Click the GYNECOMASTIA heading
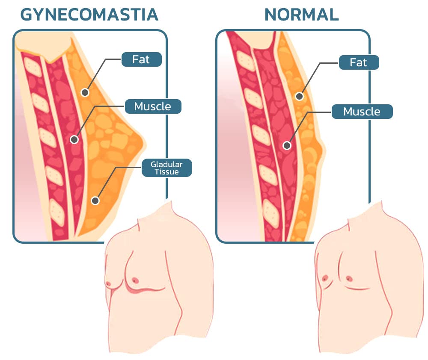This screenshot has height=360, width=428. [89, 15]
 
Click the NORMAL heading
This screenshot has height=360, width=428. [302, 15]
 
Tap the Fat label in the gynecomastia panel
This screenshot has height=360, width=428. [141, 59]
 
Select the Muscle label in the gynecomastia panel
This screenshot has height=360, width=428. [153, 106]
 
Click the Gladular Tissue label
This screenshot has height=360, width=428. [167, 168]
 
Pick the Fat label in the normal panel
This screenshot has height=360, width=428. [359, 62]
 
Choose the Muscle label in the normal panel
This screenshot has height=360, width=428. [362, 112]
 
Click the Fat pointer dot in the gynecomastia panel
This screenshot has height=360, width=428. [85, 92]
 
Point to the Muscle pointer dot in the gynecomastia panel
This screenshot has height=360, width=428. [74, 140]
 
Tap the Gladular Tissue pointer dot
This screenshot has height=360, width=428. [95, 201]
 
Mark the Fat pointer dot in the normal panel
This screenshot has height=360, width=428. [300, 96]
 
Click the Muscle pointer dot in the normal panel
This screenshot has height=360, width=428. [287, 146]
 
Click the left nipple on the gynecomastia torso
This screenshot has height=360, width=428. [107, 283]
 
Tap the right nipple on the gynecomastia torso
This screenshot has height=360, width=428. [135, 280]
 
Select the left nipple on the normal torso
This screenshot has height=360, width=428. [324, 278]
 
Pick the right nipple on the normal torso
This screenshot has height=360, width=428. [349, 278]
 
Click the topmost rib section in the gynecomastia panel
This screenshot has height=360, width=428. [33, 67]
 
